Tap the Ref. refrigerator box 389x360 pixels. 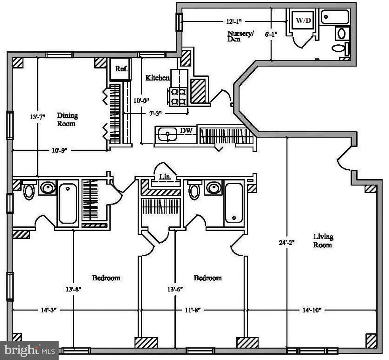click(120, 69)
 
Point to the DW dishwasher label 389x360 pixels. click(186, 131)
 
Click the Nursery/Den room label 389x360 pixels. click(240, 36)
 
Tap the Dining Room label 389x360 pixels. click(67, 119)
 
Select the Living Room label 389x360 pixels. click(323, 240)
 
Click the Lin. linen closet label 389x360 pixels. click(165, 177)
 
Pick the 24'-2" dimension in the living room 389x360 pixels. click(286, 242)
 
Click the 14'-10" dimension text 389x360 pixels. click(312, 310)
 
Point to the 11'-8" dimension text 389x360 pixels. click(193, 310)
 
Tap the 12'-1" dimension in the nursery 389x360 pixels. click(234, 22)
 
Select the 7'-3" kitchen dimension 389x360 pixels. click(155, 114)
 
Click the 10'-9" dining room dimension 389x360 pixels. click(60, 150)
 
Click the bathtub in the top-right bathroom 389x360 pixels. click(335, 17)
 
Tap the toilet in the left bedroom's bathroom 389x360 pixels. click(29, 191)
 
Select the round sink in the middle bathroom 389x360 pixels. click(213, 188)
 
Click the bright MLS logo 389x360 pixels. click(30, 351)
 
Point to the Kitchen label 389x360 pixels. click(157, 78)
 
